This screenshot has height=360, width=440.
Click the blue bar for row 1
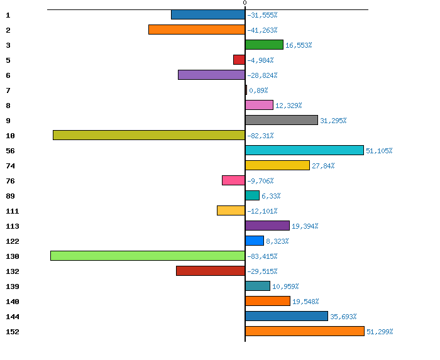[x=208, y=14]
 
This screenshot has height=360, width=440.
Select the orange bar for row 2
[x=197, y=30]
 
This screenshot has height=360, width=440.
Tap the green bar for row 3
[x=264, y=45]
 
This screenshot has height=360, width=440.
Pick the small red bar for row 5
[x=239, y=60]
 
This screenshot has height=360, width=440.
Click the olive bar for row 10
[x=149, y=135]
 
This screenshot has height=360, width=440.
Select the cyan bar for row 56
[x=304, y=150]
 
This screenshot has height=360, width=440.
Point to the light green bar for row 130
[x=148, y=256]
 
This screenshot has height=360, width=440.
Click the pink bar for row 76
[x=233, y=180]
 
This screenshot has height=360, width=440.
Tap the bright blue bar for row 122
[x=255, y=241]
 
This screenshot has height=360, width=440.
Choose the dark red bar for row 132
[x=211, y=271]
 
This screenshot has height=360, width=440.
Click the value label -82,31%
[x=260, y=136]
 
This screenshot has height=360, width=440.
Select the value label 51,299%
[x=380, y=332]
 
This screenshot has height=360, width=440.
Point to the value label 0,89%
[x=258, y=90]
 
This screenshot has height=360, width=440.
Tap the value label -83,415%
[x=262, y=256]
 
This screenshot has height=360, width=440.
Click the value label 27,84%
[x=323, y=166]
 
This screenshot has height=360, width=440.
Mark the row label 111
[x=13, y=211]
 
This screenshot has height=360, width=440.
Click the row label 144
[x=13, y=317]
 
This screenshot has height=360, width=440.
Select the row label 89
[x=10, y=196]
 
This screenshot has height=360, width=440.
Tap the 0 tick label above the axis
[x=245, y=4]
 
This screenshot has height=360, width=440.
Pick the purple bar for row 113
[x=267, y=226]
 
